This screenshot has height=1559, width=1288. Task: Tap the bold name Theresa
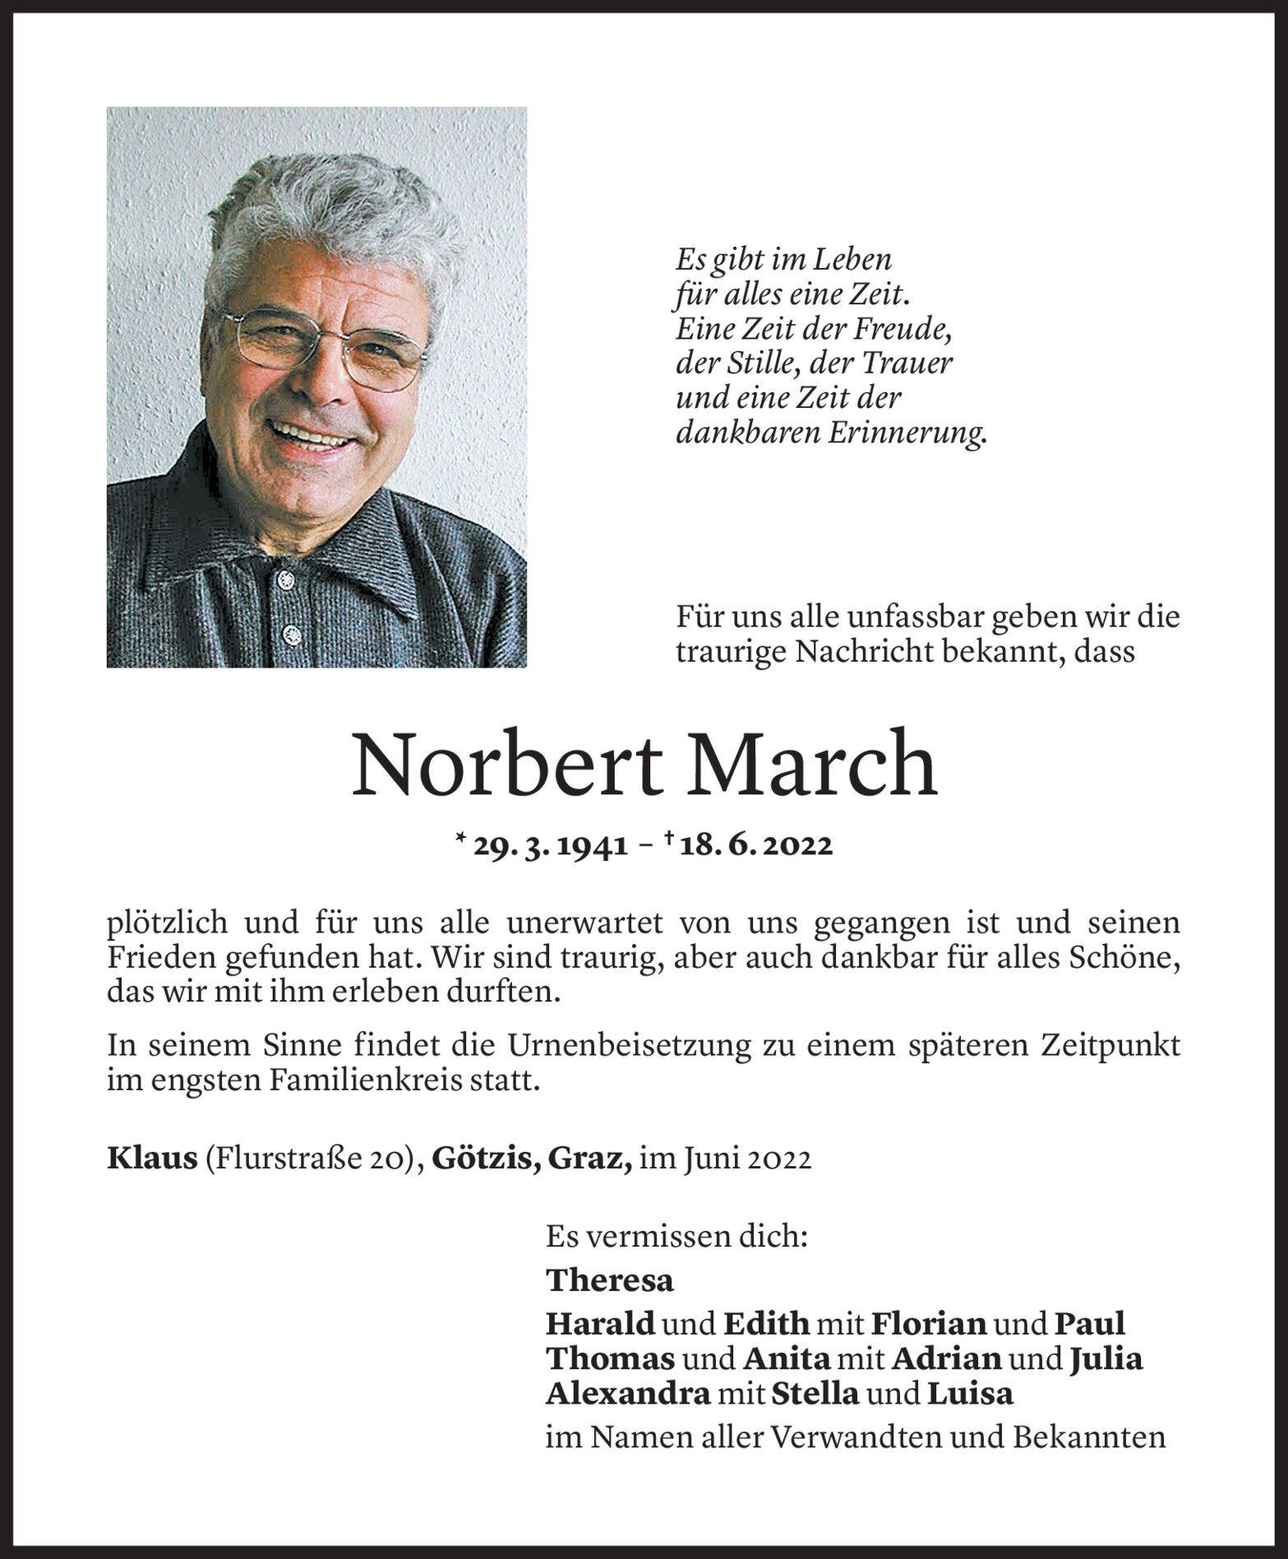609,1280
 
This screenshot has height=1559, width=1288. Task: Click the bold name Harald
600,1324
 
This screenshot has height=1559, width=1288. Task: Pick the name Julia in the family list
1106,1359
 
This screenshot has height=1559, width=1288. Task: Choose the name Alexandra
627,1395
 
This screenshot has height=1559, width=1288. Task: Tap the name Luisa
970,1395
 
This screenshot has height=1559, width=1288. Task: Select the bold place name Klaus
152,1159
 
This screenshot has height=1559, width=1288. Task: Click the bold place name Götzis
485,1159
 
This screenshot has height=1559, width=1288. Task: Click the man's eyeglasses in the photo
325,345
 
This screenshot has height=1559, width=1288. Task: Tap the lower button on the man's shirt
289,632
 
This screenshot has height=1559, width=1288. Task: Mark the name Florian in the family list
928,1324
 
